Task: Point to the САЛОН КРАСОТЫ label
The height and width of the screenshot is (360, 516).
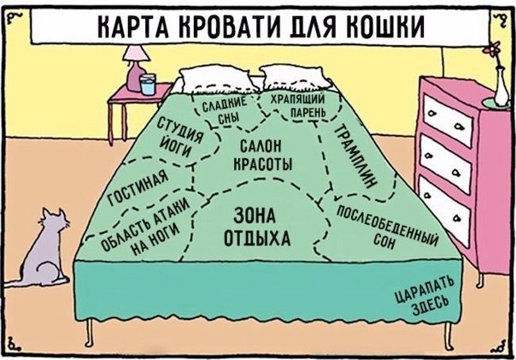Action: (x=261, y=154)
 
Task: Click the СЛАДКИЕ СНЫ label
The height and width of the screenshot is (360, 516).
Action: (x=224, y=112)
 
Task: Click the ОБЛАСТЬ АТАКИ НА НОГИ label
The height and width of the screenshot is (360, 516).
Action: (x=142, y=229)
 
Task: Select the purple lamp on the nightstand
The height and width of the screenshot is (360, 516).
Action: (x=134, y=64)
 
